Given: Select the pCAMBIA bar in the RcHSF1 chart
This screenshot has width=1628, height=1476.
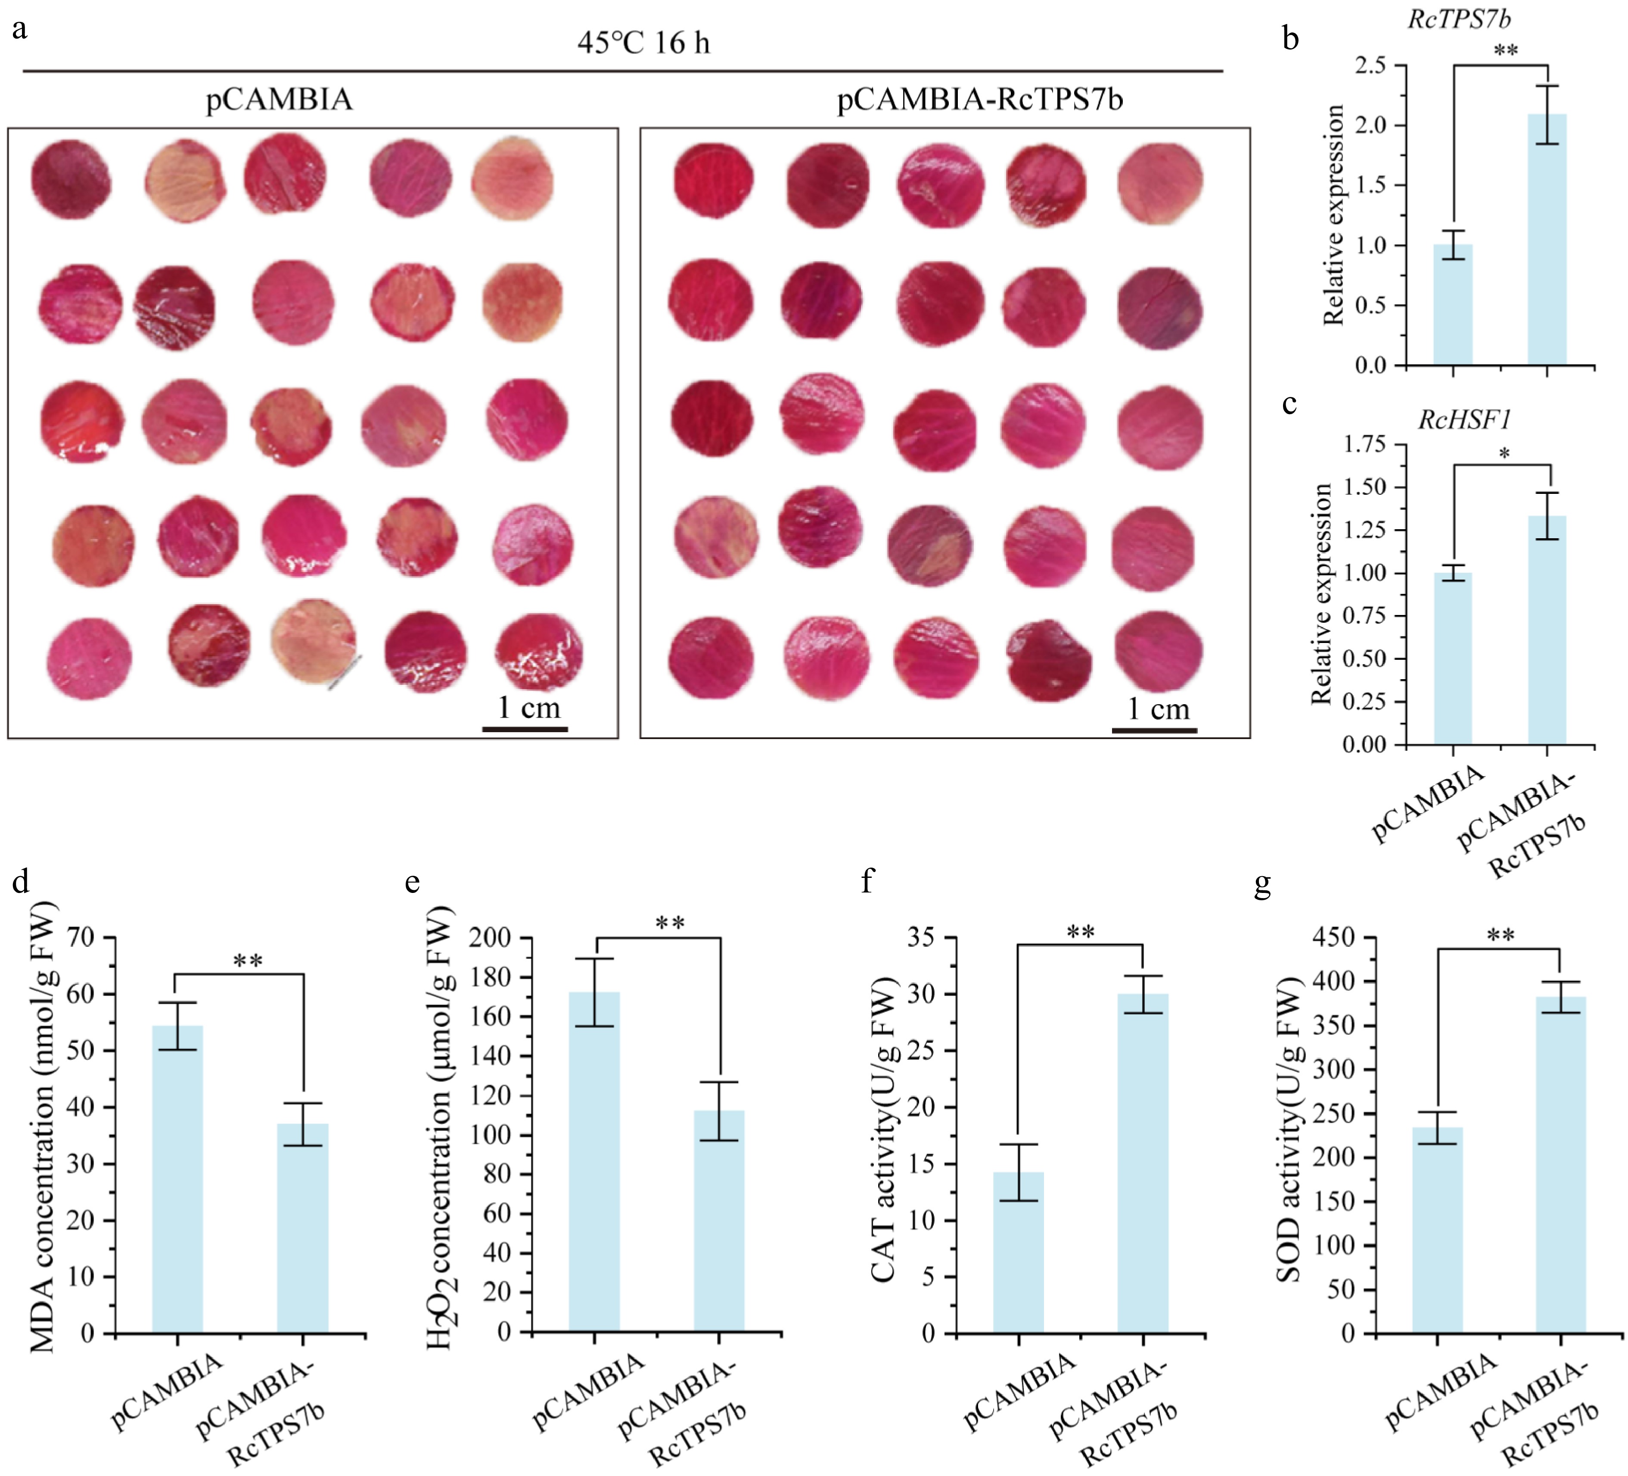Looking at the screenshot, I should (x=1453, y=658).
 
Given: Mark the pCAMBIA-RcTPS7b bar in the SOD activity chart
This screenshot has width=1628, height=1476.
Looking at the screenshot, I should (x=1560, y=1164).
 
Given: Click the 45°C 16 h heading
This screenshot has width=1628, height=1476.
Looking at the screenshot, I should (x=643, y=42).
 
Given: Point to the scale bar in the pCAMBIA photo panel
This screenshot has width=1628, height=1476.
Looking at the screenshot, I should (x=525, y=729).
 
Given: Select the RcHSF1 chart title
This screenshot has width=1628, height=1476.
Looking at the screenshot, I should (x=1464, y=419).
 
